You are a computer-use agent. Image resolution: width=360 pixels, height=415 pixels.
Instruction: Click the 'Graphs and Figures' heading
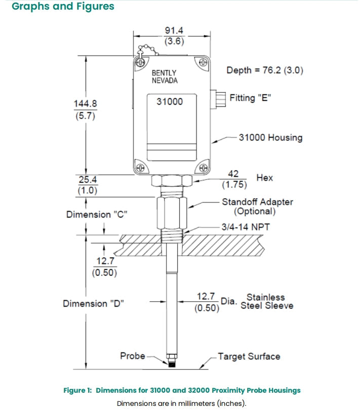63,7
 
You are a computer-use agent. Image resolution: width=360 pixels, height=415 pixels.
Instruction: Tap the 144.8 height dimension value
85,103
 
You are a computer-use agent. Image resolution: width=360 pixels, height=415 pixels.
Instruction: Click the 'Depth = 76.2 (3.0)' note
264,70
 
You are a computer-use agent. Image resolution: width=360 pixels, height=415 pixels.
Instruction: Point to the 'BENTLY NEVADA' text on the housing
165,77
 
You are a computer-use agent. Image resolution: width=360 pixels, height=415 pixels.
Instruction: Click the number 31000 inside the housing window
169,101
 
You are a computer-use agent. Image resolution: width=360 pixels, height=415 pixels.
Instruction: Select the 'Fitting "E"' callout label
250,98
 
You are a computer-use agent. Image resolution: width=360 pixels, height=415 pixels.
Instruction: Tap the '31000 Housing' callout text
270,137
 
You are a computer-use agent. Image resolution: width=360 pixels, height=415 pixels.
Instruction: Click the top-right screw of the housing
203,62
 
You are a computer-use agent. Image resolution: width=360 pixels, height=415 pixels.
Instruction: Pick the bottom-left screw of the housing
140,168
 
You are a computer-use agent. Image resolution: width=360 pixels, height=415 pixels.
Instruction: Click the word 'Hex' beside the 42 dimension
264,178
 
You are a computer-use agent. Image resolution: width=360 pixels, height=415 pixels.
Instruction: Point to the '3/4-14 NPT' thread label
246,227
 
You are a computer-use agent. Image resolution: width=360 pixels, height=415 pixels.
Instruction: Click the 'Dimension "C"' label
96,214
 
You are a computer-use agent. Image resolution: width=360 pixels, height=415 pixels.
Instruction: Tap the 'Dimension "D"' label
92,304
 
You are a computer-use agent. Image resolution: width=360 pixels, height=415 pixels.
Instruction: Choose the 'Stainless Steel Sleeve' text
266,301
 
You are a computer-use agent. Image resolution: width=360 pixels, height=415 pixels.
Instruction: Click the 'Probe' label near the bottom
133,356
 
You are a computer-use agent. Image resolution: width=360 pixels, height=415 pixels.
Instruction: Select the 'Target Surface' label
249,357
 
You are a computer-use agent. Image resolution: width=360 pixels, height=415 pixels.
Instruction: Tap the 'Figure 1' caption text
182,390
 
